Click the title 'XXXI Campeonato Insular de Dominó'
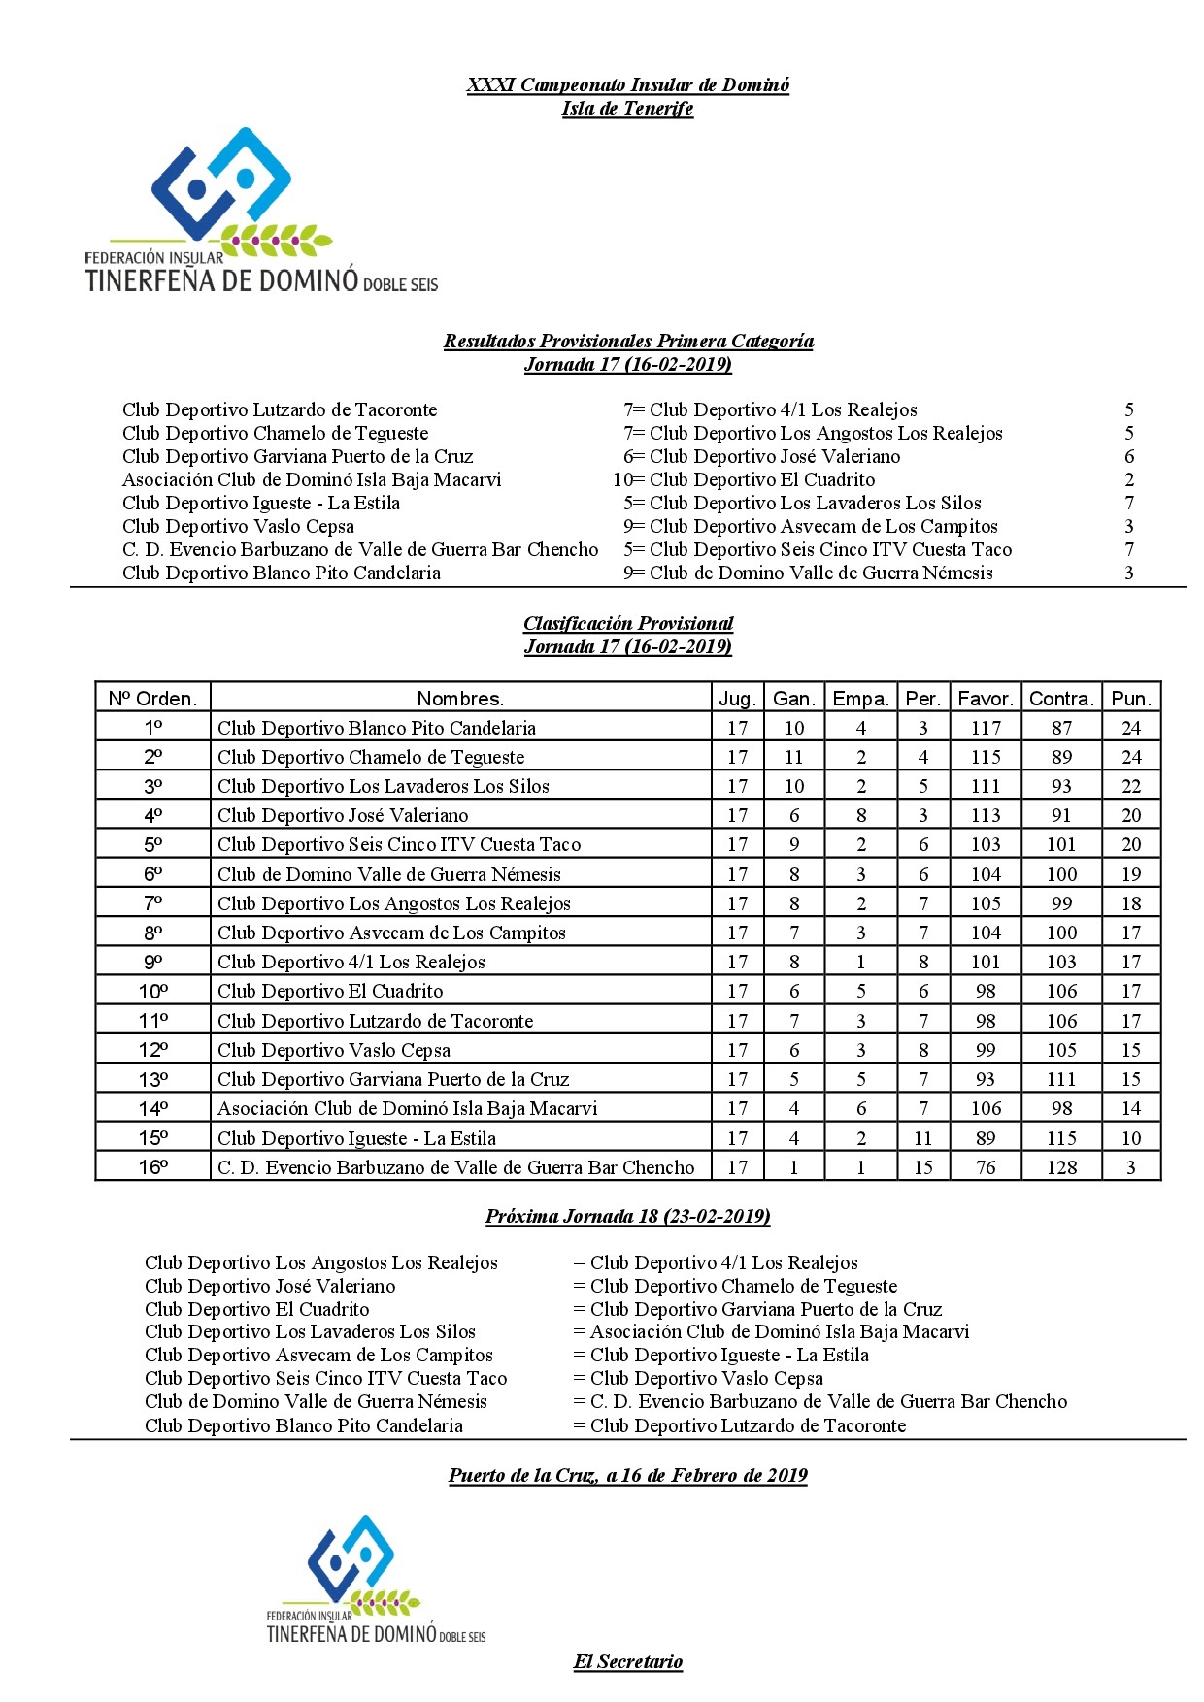(x=627, y=85)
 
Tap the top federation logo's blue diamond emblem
(x=221, y=184)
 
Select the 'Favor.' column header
(x=986, y=699)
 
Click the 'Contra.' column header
(x=1061, y=699)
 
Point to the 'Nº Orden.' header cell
(x=152, y=699)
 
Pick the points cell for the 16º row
(x=1131, y=1167)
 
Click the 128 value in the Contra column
(x=1061, y=1167)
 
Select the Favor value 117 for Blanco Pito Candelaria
(x=986, y=728)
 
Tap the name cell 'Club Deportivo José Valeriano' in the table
(x=343, y=816)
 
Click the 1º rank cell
(x=152, y=728)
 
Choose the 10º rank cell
(x=152, y=992)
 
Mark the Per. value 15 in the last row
(x=922, y=1167)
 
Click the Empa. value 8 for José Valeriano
(x=860, y=816)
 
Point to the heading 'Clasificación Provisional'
(x=627, y=624)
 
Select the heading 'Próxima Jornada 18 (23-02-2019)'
(x=627, y=1217)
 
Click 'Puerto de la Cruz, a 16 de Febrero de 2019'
(x=627, y=1476)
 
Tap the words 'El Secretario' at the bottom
(x=627, y=1662)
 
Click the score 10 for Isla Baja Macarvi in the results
(x=622, y=480)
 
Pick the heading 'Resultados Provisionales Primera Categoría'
(x=627, y=342)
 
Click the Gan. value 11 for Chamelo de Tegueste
(x=793, y=758)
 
